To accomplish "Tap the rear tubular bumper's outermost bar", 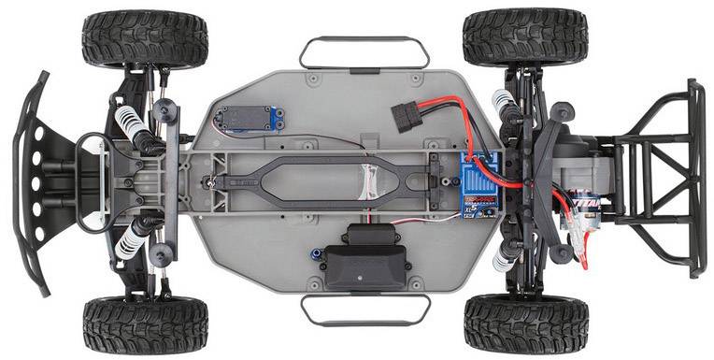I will click(696, 178).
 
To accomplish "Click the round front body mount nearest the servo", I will click(169, 111).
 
